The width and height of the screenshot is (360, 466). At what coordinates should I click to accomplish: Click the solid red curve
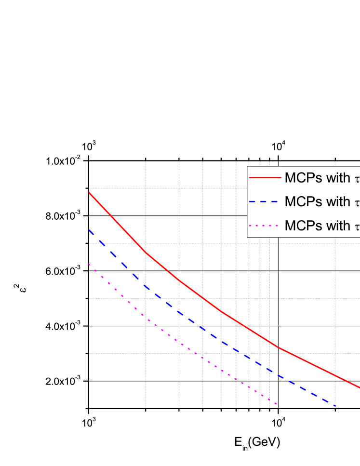pos(202,298)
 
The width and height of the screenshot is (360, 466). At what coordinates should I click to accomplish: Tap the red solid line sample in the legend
pos(265,178)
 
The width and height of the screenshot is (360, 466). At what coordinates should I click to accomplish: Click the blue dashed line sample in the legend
pos(265,201)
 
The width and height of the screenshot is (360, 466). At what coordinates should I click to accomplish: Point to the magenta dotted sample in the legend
pos(265,225)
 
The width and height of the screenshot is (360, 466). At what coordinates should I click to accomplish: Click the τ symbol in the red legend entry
pos(357,179)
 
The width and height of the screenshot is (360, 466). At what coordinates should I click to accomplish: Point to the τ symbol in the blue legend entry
pos(357,202)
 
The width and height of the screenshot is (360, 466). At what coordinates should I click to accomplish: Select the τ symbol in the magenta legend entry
pos(357,226)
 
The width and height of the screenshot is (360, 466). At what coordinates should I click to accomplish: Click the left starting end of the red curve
pos(90,193)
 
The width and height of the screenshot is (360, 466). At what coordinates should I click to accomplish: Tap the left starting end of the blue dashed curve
pos(90,230)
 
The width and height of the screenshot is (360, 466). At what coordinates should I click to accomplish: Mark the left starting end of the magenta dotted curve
pos(90,264)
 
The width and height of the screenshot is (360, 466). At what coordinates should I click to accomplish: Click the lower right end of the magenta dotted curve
pos(276,404)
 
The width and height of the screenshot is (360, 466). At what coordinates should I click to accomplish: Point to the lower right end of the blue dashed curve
pos(334,405)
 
